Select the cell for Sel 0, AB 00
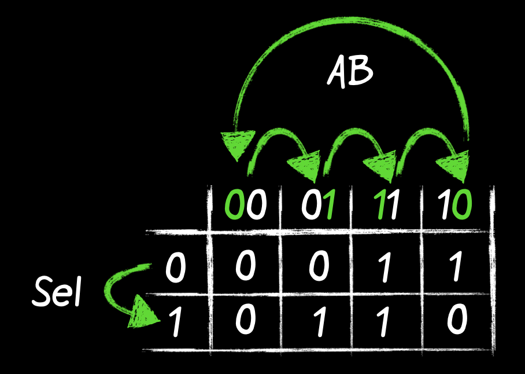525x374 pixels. (x=245, y=267)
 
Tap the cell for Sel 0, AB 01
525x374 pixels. (x=317, y=267)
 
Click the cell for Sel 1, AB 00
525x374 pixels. (x=245, y=321)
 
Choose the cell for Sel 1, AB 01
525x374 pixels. (x=317, y=321)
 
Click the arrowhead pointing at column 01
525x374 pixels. (x=306, y=164)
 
